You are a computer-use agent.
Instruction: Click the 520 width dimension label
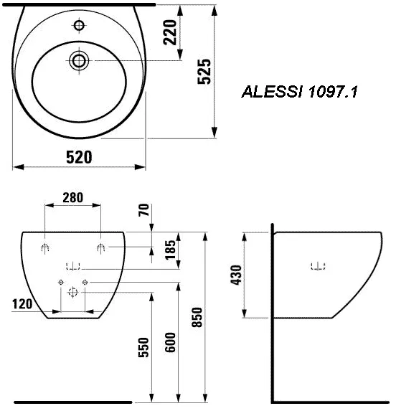[79, 157]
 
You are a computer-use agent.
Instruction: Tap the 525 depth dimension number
[204, 72]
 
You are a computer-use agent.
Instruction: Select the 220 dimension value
[170, 32]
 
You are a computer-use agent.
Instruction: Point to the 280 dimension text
[73, 198]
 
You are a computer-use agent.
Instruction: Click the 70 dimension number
[143, 209]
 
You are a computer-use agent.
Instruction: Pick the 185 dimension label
[170, 250]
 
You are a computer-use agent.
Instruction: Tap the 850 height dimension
[197, 317]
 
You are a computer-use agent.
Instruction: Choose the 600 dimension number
[170, 342]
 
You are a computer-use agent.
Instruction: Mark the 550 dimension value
[143, 347]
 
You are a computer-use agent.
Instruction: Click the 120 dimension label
[22, 304]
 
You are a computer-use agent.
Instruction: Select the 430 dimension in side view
[235, 275]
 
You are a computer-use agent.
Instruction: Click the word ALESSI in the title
[272, 92]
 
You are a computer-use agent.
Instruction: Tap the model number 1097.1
[333, 92]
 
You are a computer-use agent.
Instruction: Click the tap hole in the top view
[79, 25]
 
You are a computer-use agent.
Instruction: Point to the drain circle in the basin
[79, 61]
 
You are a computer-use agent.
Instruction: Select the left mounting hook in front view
[45, 247]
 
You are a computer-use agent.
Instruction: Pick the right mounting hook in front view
[101, 247]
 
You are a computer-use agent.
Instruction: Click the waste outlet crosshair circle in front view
[73, 292]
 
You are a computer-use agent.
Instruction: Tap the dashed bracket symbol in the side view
[318, 266]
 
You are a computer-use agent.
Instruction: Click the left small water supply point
[61, 283]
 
